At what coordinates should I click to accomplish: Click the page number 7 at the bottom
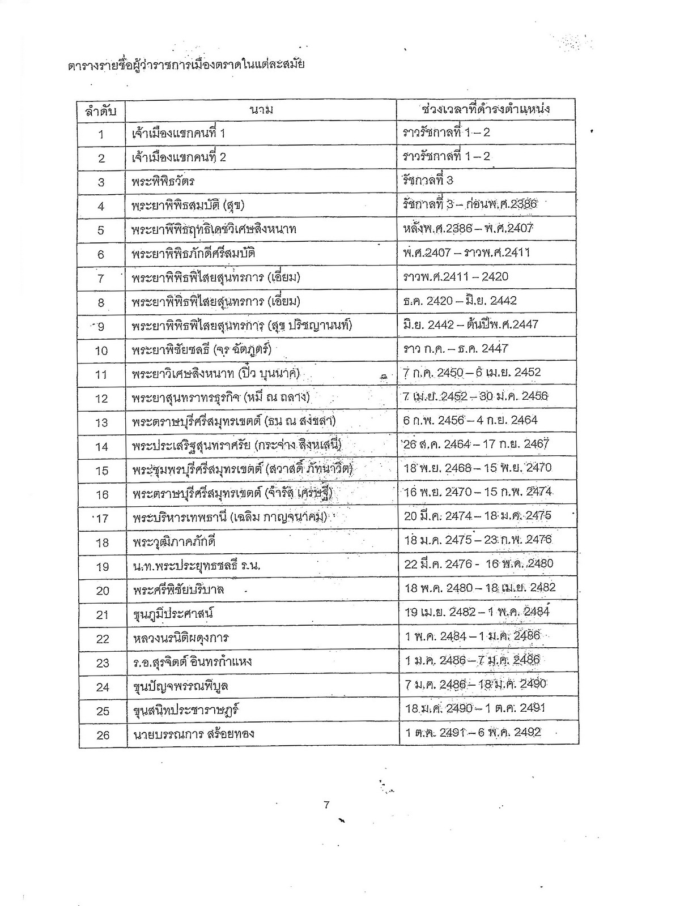coord(326,806)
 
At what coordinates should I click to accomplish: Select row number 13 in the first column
coord(101,422)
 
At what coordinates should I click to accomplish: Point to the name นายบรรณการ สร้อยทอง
coord(193,734)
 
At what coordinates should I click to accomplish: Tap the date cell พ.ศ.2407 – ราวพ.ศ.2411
coord(467,253)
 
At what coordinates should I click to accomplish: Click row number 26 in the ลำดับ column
coord(103,735)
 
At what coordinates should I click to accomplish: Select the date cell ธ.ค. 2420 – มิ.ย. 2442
coord(460,301)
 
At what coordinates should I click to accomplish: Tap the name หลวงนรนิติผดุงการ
coord(181,638)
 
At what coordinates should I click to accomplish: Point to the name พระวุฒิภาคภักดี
coord(174,542)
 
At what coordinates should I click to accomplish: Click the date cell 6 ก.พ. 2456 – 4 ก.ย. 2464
coord(470,420)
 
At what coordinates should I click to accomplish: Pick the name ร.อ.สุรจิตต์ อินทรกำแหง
coord(193,662)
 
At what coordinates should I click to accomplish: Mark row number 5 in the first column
coord(101,230)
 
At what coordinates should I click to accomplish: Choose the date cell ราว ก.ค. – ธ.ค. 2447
coord(456,349)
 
